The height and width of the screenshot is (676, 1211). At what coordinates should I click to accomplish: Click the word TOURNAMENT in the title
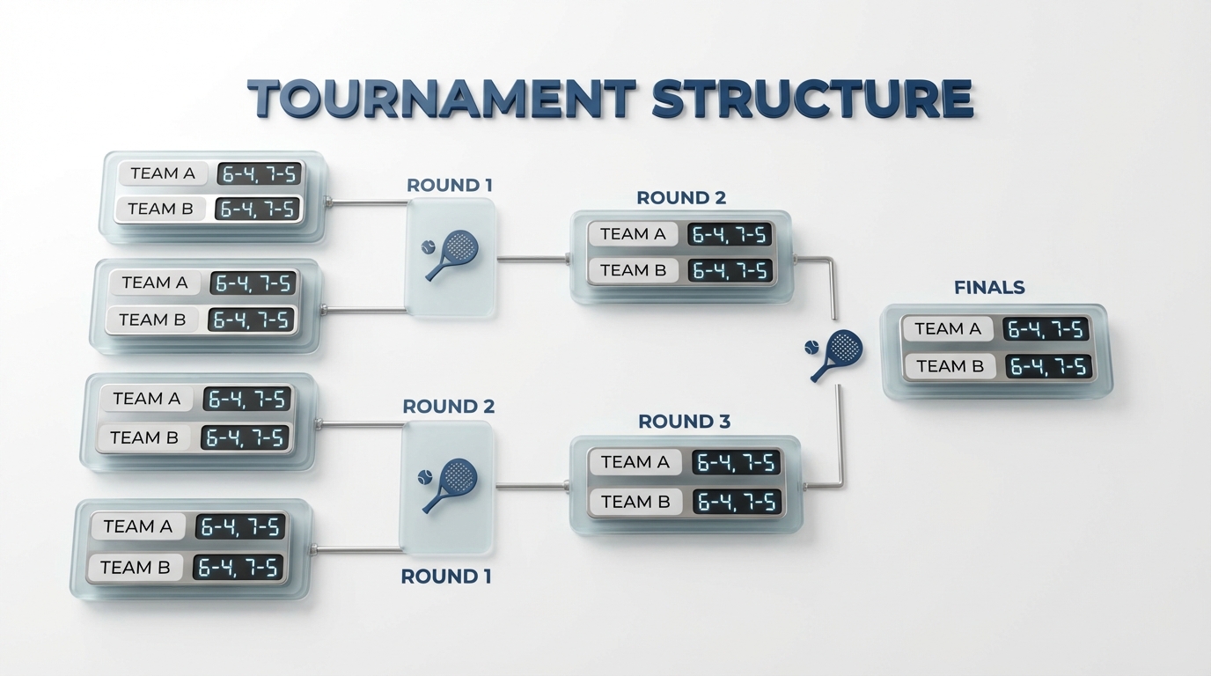[440, 99]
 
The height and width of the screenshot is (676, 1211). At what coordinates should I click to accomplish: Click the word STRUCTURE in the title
[811, 99]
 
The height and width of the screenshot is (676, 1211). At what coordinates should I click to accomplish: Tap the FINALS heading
[989, 288]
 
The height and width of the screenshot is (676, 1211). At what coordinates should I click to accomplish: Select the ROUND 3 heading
[684, 422]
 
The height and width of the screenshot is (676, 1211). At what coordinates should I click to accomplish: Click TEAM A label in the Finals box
[947, 329]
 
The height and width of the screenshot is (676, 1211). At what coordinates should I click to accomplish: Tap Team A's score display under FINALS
[1046, 329]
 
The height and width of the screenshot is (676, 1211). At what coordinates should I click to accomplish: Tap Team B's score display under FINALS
[1048, 366]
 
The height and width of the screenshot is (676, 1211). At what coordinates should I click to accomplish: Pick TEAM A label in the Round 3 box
[635, 462]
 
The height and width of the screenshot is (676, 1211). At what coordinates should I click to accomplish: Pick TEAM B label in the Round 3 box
[635, 502]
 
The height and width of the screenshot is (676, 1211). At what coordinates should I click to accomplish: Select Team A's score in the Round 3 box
[736, 462]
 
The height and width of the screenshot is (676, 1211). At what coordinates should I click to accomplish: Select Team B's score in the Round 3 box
[738, 502]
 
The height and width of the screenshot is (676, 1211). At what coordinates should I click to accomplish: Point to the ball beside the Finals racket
[811, 349]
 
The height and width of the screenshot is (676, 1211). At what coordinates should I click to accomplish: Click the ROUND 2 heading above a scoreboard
[681, 198]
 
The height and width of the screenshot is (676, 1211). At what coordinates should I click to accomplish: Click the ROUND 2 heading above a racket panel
[448, 407]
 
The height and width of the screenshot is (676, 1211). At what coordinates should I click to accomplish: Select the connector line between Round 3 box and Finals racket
[840, 440]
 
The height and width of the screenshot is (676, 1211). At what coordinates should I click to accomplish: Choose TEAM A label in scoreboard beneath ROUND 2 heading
[633, 234]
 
